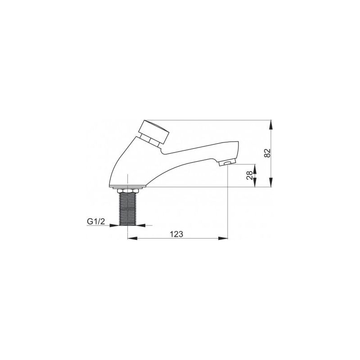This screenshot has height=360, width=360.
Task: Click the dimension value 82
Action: point(268,153)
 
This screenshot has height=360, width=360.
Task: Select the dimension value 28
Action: point(249,175)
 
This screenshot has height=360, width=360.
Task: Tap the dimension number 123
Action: point(176,234)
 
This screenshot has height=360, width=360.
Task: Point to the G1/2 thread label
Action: point(96,221)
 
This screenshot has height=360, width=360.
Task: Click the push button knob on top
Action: point(155,131)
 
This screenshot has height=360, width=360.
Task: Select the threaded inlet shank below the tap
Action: point(128,209)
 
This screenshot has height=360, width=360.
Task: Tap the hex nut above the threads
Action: point(128,191)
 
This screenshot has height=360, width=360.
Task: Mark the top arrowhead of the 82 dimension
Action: point(271,125)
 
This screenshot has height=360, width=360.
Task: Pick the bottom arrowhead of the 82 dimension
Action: point(271,182)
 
